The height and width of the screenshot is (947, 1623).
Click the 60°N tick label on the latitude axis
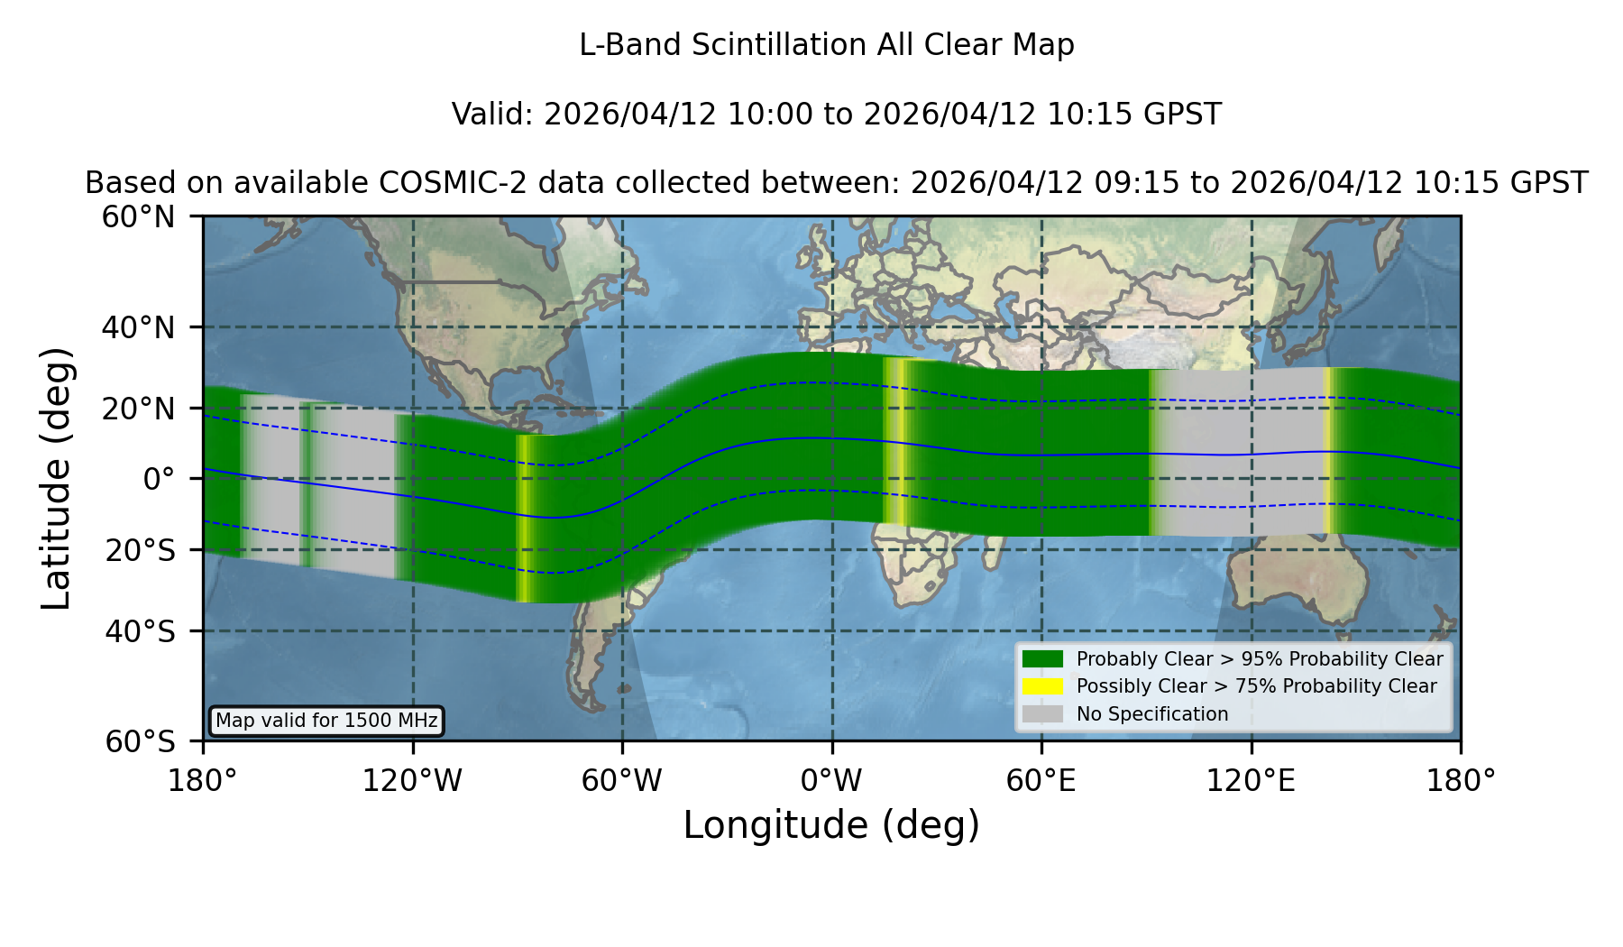coord(138,217)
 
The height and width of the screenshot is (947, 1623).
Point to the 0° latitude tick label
coord(159,479)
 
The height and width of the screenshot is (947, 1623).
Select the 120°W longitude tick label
coord(412,781)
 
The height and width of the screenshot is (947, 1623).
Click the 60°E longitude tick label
coord(1041,781)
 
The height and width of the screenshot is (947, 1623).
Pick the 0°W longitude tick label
coord(831,781)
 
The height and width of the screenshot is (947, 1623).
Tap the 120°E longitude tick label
coord(1251,781)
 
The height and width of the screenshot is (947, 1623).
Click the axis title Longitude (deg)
coord(831,825)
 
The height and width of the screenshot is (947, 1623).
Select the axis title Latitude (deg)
coord(56,478)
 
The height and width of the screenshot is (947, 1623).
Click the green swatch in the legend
coord(1042,659)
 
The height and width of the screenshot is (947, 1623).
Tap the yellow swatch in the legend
coord(1042,686)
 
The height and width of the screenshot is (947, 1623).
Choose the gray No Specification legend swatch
coord(1042,714)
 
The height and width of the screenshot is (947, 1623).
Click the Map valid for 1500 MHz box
coord(326,721)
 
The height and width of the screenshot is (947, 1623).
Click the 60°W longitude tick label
coord(621,781)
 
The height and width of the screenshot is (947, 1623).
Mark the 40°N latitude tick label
coord(138,327)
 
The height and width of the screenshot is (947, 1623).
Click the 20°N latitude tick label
coord(138,409)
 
